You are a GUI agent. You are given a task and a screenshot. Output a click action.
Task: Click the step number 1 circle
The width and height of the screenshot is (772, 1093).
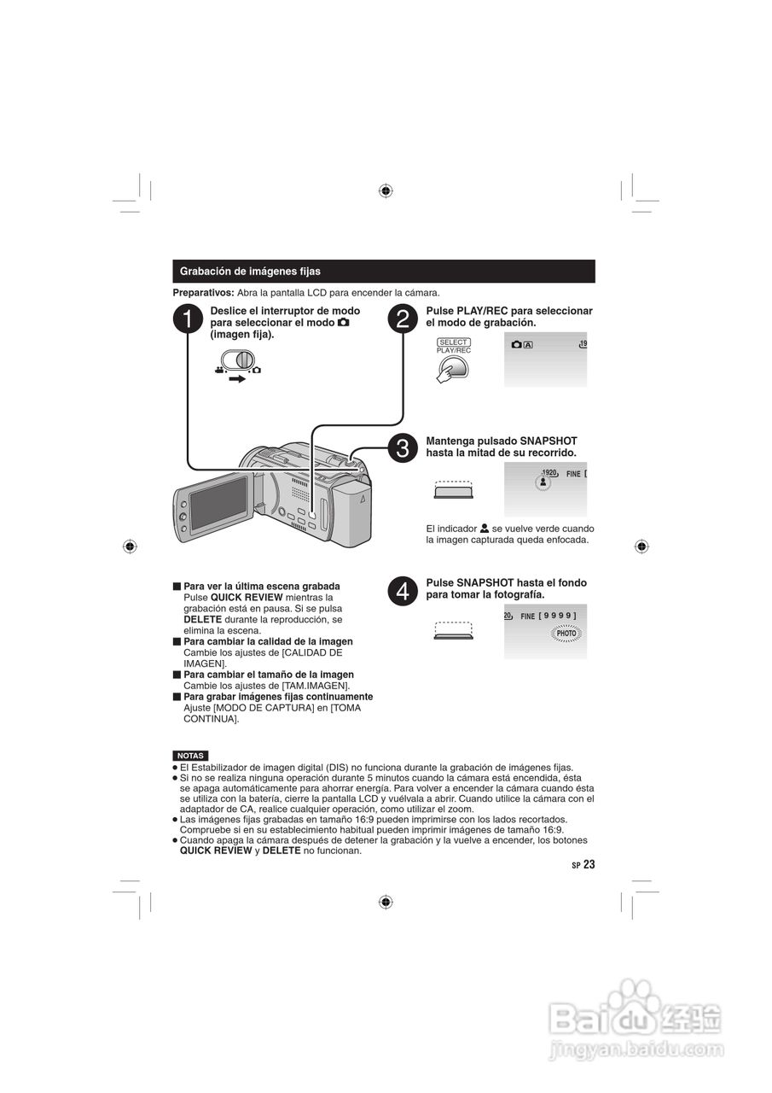pyautogui.click(x=188, y=319)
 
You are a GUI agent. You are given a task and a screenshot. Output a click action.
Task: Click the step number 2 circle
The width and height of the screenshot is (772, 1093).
pyautogui.click(x=403, y=319)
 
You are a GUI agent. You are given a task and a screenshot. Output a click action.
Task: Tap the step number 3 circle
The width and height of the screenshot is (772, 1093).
pyautogui.click(x=403, y=447)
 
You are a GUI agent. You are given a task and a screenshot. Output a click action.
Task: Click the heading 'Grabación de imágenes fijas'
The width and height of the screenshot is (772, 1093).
pyautogui.click(x=250, y=272)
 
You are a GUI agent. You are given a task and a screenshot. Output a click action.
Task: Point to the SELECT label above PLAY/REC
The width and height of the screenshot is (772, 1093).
pyautogui.click(x=454, y=342)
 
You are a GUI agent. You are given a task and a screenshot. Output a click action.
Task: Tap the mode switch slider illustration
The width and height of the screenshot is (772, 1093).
pyautogui.click(x=240, y=359)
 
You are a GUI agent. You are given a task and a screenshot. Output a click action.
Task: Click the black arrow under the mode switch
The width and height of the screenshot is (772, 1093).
pyautogui.click(x=237, y=378)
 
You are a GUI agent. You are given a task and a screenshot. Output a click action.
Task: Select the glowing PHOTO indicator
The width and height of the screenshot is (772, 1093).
pyautogui.click(x=566, y=634)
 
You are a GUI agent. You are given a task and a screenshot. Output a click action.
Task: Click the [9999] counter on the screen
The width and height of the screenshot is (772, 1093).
pyautogui.click(x=558, y=616)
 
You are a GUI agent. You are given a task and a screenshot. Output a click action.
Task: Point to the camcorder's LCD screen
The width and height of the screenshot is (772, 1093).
pyautogui.click(x=218, y=502)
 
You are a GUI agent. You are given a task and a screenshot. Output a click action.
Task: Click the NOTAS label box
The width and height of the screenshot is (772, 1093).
pyautogui.click(x=189, y=756)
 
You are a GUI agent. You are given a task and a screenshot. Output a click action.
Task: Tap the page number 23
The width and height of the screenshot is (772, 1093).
pyautogui.click(x=589, y=864)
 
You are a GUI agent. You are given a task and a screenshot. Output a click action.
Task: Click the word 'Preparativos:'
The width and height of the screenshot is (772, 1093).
pyautogui.click(x=203, y=293)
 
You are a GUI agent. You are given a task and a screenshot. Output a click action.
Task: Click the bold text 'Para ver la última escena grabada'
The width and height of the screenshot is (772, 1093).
pyautogui.click(x=261, y=586)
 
